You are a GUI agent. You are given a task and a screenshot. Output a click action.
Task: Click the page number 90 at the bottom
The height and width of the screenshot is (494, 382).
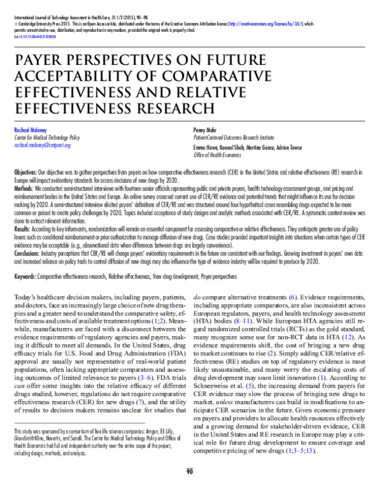click(189, 488)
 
